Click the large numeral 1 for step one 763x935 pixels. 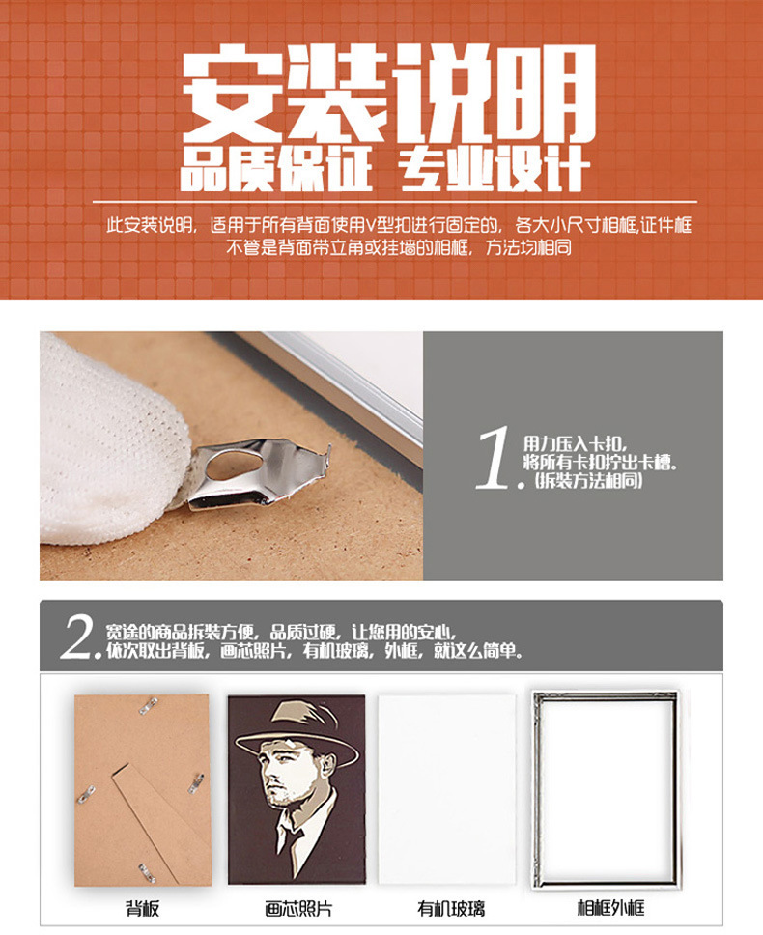[495, 460]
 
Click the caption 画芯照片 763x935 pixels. [297, 908]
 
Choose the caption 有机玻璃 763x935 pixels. [451, 908]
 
